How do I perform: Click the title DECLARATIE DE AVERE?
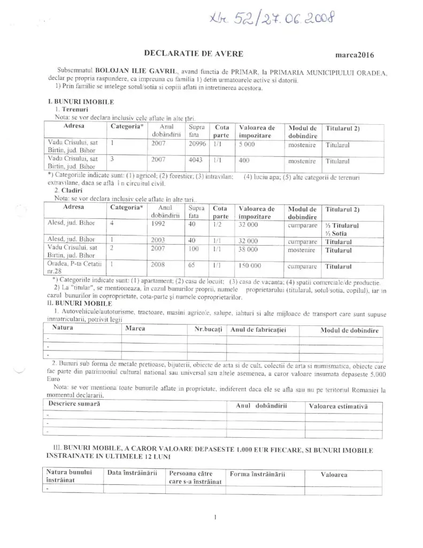coord(194,53)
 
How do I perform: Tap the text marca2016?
coord(354,55)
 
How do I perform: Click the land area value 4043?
coord(194,160)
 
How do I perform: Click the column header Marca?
coord(135,329)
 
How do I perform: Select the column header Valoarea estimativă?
coord(339,406)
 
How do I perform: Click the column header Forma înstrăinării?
coord(257,474)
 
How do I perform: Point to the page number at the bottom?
coord(214,517)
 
